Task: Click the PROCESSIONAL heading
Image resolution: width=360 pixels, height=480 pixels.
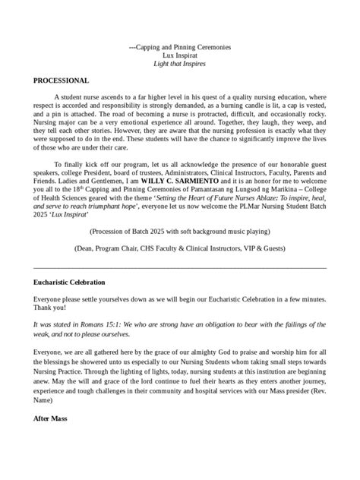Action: click(62, 81)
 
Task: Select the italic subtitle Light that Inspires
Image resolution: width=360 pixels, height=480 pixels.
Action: click(179, 64)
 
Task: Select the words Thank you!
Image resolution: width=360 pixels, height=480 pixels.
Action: click(50, 308)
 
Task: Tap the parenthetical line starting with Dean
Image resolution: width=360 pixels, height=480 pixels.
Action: click(179, 248)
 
